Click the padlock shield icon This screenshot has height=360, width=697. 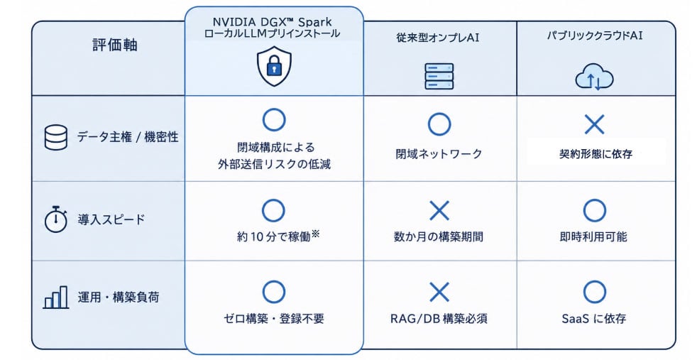pyautogui.click(x=274, y=67)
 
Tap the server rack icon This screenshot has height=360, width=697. pyautogui.click(x=439, y=76)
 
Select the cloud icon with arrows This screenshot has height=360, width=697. pyautogui.click(x=594, y=77)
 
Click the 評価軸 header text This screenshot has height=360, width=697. pyautogui.click(x=115, y=45)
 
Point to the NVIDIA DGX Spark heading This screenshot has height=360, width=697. pyautogui.click(x=272, y=21)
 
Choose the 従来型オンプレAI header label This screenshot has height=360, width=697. pyautogui.click(x=438, y=38)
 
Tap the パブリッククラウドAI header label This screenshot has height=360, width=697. pyautogui.click(x=595, y=35)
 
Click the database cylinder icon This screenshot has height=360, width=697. pyautogui.click(x=56, y=137)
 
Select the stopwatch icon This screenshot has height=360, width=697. pyautogui.click(x=55, y=219)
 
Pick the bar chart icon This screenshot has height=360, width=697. pyautogui.click(x=56, y=297)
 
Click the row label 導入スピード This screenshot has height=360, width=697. pyautogui.click(x=111, y=219)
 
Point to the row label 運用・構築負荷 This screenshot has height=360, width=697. pyautogui.click(x=119, y=297)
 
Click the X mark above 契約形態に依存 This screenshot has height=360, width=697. pyautogui.click(x=594, y=124)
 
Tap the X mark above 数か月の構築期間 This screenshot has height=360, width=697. pyautogui.click(x=439, y=210)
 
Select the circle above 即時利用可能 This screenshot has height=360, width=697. pyautogui.click(x=594, y=210)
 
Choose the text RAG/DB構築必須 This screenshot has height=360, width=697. pyautogui.click(x=439, y=318)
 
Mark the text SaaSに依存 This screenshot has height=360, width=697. pyautogui.click(x=594, y=318)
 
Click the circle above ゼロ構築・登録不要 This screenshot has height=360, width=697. pyautogui.click(x=274, y=292)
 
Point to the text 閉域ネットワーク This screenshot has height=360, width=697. pyautogui.click(x=439, y=154)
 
